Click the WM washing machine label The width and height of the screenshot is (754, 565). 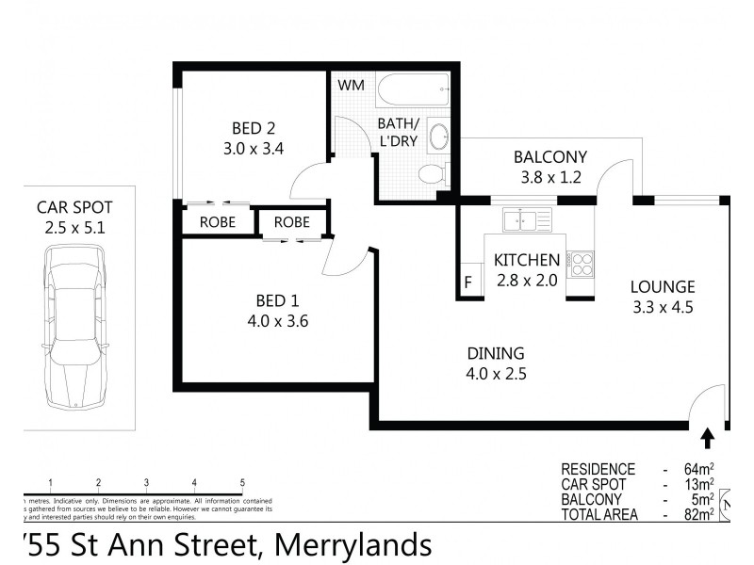click(351, 86)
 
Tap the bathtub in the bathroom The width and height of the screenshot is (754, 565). click(416, 91)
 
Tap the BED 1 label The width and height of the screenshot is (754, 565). click(277, 301)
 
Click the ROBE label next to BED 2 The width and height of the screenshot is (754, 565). click(217, 222)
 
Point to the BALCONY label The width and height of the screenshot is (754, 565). click(550, 156)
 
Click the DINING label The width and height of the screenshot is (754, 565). click(496, 353)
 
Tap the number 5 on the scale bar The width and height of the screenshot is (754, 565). click(242, 481)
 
